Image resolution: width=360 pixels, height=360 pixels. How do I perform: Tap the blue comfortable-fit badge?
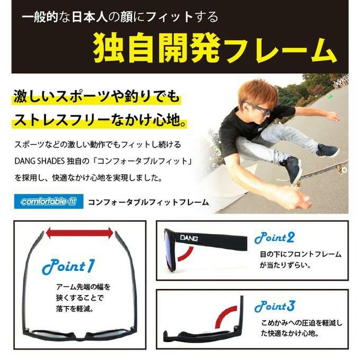(49, 201)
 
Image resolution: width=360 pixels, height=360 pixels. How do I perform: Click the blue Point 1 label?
(68, 266)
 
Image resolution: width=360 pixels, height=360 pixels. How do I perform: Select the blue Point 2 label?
(274, 238)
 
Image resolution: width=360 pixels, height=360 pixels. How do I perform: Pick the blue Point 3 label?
(275, 307)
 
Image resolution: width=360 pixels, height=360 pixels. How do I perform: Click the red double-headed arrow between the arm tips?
(79, 233)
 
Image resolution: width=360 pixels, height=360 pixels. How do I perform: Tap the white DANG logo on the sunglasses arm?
(188, 238)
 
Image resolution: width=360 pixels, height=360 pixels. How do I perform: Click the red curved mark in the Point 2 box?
(185, 254)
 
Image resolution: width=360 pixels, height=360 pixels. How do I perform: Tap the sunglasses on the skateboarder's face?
(257, 109)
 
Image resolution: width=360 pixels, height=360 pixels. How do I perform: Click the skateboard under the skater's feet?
(321, 173)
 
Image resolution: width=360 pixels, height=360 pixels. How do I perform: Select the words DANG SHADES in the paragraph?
(40, 161)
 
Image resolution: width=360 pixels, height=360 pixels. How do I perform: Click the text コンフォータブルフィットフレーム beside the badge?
(148, 202)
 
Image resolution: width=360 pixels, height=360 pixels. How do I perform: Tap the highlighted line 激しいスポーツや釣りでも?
(96, 96)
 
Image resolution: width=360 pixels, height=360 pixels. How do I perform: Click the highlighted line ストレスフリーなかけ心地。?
(100, 120)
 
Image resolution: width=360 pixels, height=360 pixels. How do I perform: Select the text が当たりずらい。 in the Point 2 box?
(285, 265)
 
